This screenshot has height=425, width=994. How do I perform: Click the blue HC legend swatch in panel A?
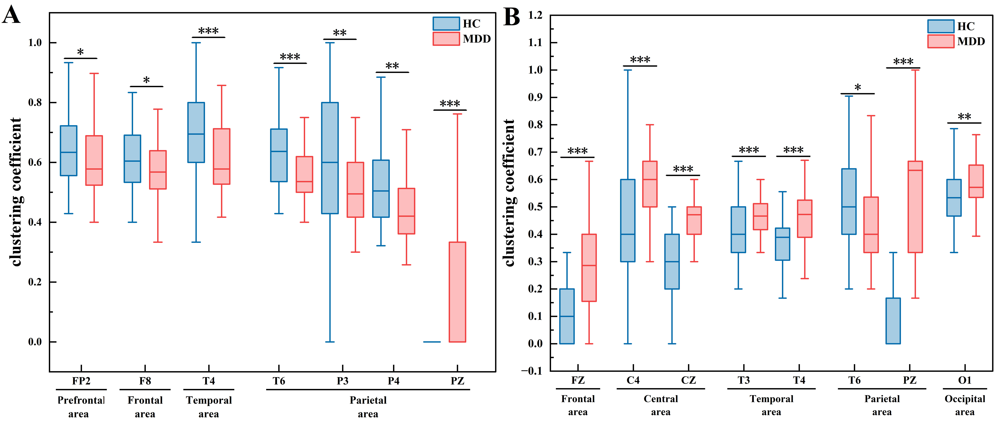446,23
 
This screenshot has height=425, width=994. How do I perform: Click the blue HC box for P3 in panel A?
330,158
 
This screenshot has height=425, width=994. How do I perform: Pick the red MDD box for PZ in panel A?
457,292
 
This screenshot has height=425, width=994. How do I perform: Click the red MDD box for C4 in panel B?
650,184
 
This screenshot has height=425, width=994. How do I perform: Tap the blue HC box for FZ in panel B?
567,316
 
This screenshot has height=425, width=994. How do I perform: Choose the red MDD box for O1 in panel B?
976,181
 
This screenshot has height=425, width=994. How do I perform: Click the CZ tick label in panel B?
688,380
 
